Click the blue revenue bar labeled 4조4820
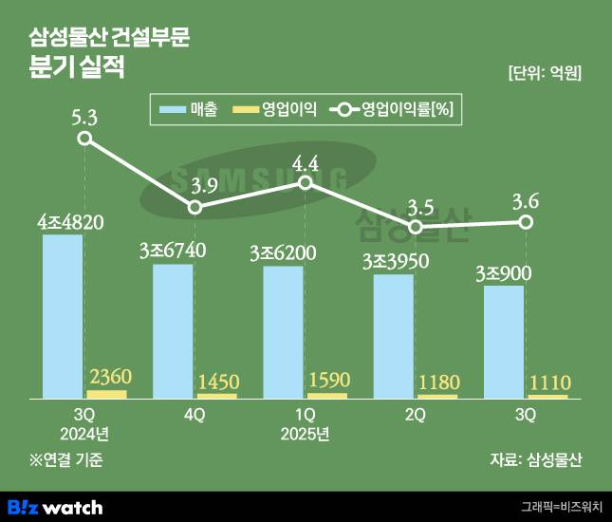coord(63,315)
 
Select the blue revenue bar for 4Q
coord(173,330)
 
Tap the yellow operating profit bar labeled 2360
coord(106,393)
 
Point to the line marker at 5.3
coord(84,139)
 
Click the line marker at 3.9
coord(195,207)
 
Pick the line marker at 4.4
coord(305,182)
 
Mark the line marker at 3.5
coord(415,228)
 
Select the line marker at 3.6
coord(525,222)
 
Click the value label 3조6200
coord(283,253)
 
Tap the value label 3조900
coord(503,273)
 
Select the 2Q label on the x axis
coord(415,415)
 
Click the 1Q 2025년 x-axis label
coord(305,424)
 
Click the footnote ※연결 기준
coord(65,460)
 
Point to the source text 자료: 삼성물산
coord(536,460)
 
